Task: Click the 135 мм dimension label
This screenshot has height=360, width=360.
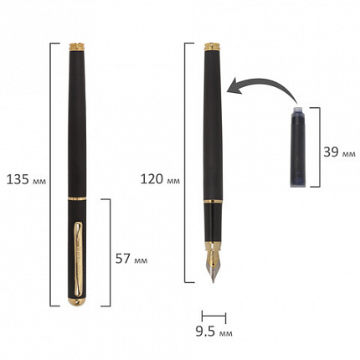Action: point(26,179)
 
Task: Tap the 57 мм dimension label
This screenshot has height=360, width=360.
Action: point(131,259)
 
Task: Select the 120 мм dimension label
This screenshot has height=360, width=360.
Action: point(160,179)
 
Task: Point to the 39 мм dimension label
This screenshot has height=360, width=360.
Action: point(339,152)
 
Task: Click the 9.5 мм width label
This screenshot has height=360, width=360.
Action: point(213,332)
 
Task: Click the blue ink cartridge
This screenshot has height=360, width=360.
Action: point(298,147)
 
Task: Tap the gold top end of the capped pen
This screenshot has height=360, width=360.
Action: point(77,47)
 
